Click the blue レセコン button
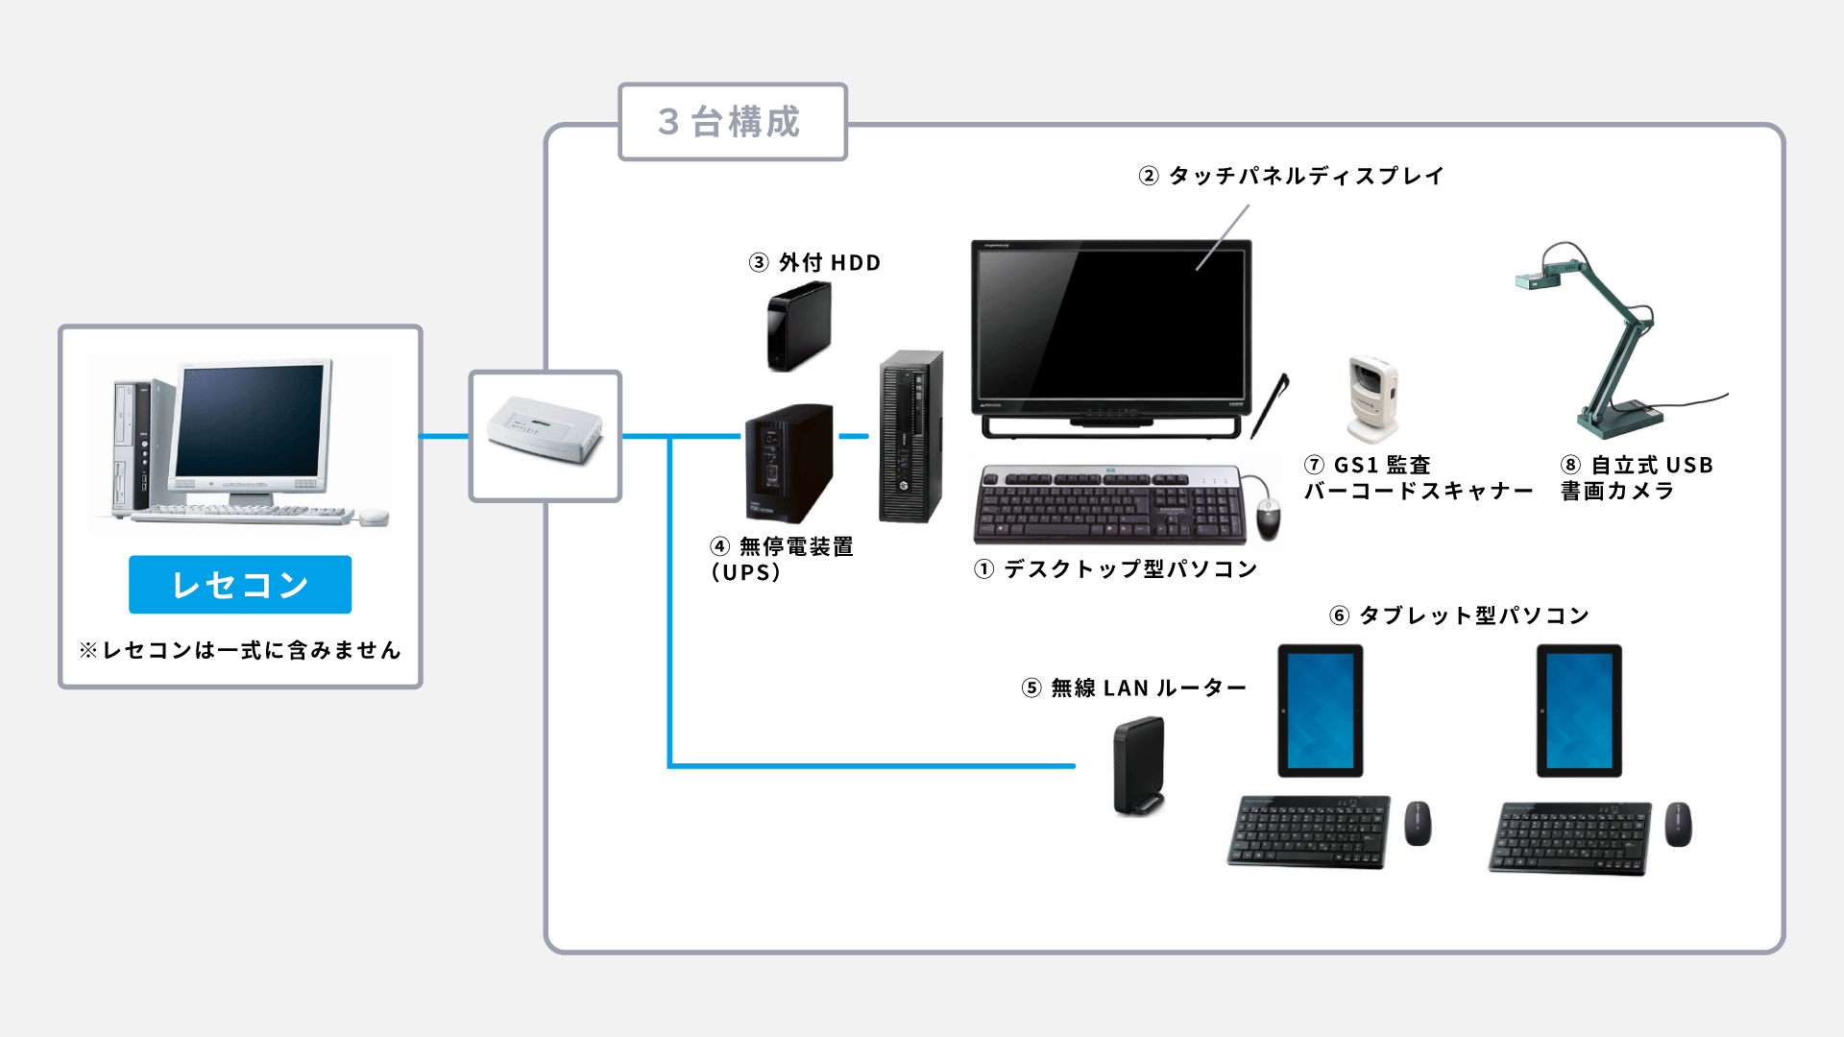tap(240, 584)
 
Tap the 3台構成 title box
tap(732, 122)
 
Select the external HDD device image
tap(798, 327)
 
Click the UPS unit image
tap(789, 462)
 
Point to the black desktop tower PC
tap(910, 437)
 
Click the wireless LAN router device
tap(1139, 766)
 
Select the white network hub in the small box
tap(545, 433)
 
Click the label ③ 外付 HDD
tap(814, 262)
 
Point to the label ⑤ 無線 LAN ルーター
tap(1133, 687)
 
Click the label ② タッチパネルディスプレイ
tap(1291, 176)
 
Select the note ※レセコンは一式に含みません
tap(240, 650)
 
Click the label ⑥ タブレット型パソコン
tap(1459, 615)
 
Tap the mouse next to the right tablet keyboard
tap(1678, 824)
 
